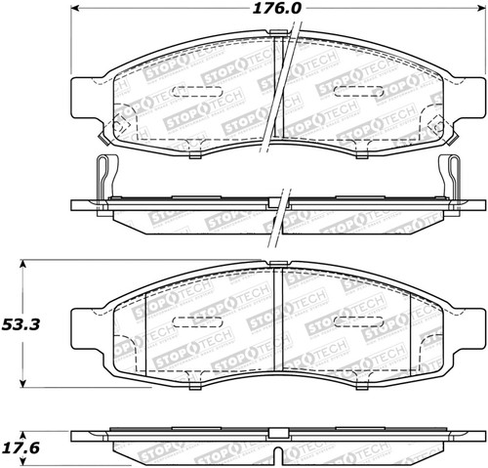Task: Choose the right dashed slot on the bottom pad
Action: coord(355,320)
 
